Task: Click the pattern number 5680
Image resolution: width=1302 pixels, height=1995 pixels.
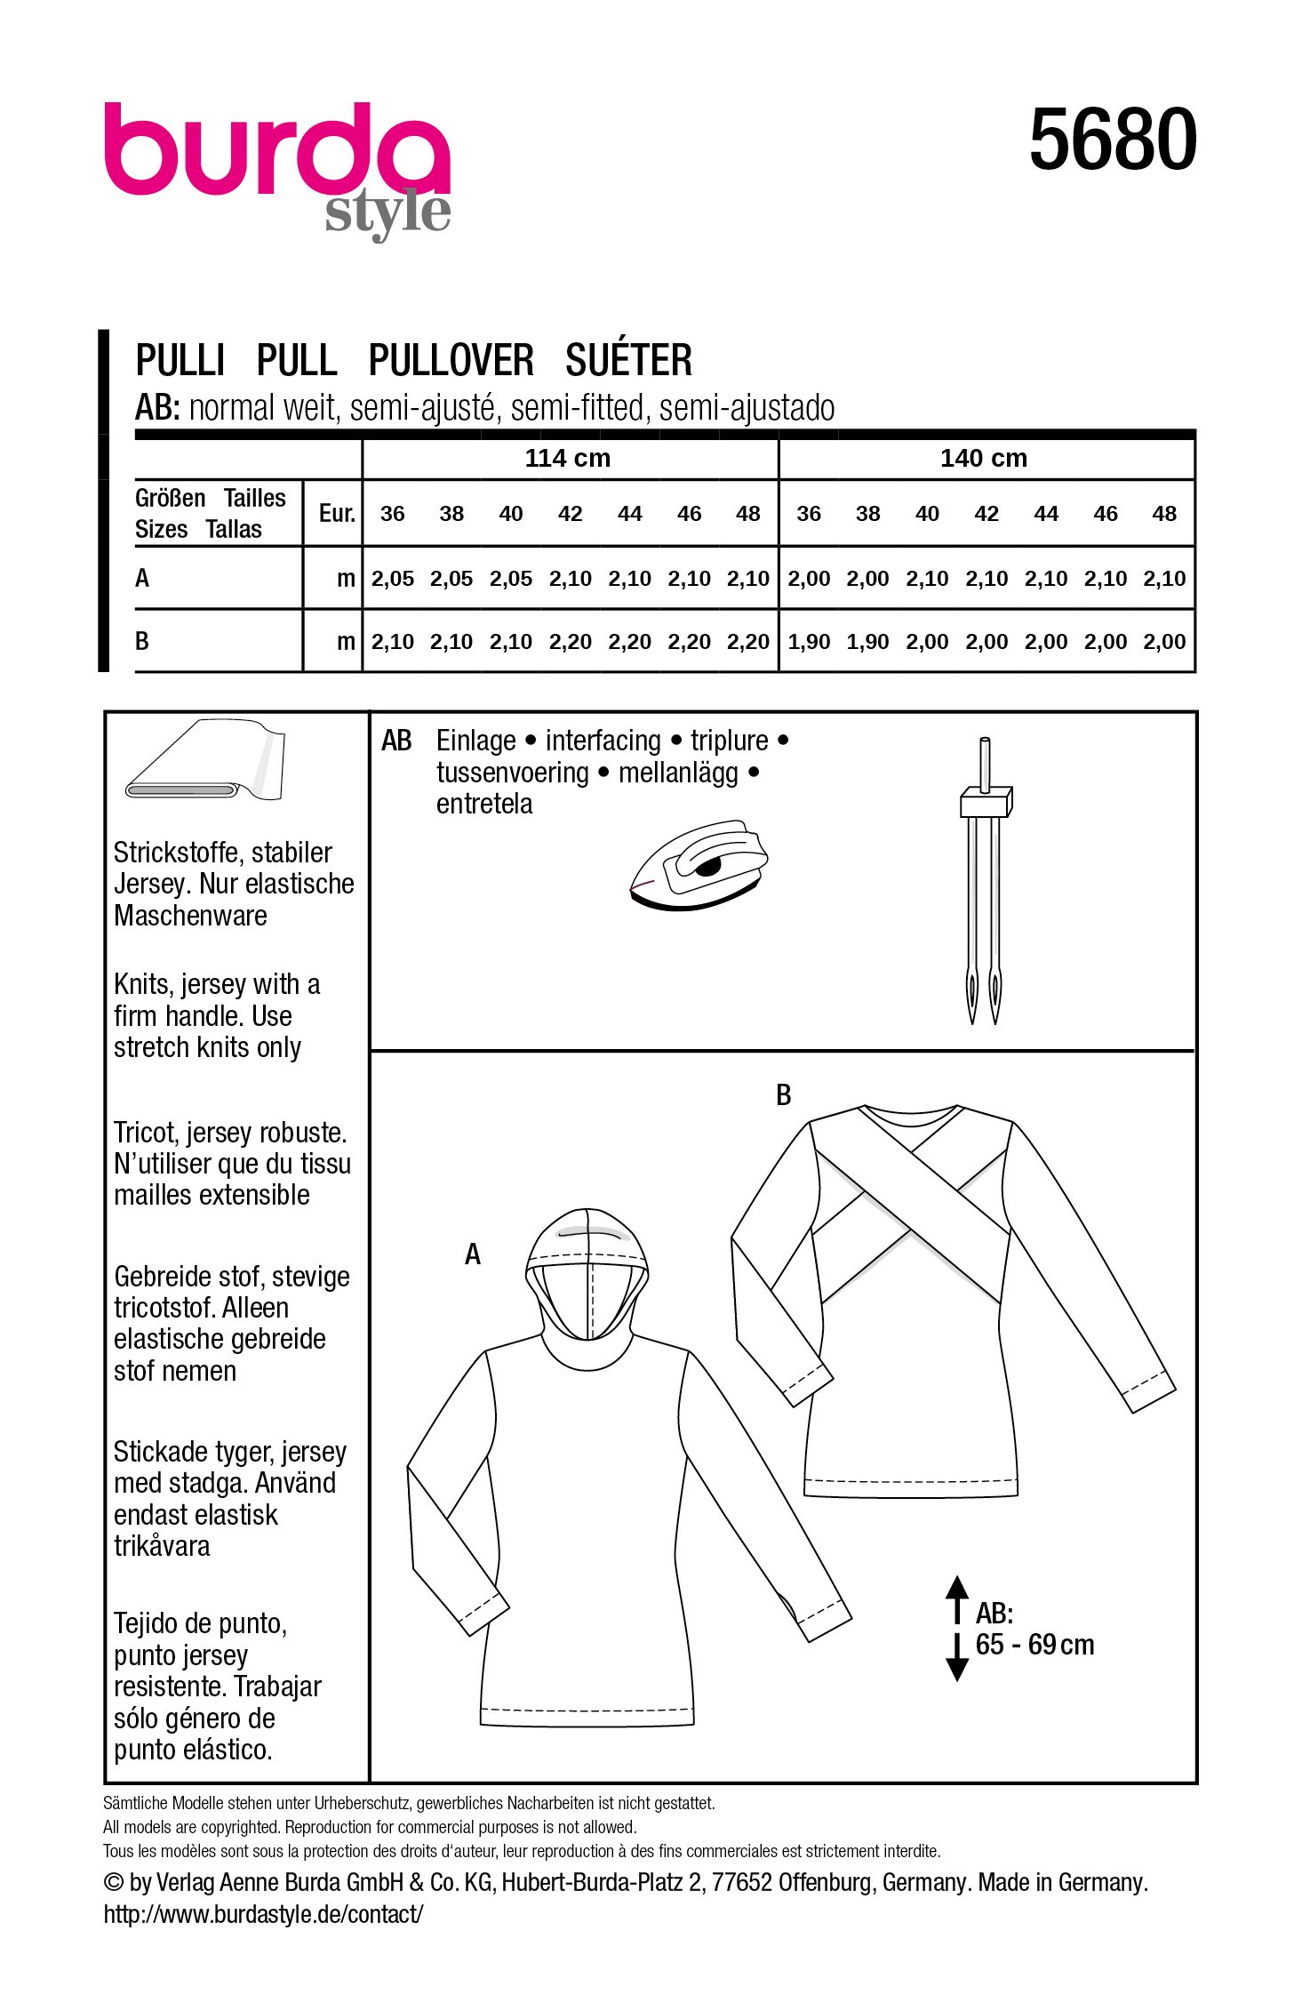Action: point(1112,140)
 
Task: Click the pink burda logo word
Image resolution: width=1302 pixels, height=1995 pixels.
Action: point(277,149)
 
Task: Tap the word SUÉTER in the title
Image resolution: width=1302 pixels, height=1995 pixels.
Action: point(628,361)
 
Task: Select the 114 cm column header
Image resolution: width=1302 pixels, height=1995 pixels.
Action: point(567,458)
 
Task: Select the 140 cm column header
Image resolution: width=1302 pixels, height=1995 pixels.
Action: point(983,458)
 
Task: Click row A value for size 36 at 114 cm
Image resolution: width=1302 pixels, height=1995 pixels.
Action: point(392,579)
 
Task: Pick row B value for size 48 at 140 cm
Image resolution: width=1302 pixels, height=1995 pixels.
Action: point(1164,642)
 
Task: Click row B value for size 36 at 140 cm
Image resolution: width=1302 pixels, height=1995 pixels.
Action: point(808,642)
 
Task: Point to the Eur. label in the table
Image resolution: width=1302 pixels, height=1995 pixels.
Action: point(337,514)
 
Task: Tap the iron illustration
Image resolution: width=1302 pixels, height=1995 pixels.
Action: point(698,864)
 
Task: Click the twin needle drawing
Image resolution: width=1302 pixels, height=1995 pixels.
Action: point(984,880)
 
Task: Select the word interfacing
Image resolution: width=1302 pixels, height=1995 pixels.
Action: point(603,741)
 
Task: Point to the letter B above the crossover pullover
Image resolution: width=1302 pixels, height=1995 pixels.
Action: point(783,1095)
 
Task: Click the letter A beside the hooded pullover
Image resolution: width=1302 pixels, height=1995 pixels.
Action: point(473,1254)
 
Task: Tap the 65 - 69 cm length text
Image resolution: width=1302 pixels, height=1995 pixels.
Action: point(1034,1645)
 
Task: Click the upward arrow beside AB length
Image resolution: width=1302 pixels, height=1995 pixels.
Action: point(957,1598)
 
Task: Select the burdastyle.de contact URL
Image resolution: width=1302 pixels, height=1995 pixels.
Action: point(263,1914)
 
